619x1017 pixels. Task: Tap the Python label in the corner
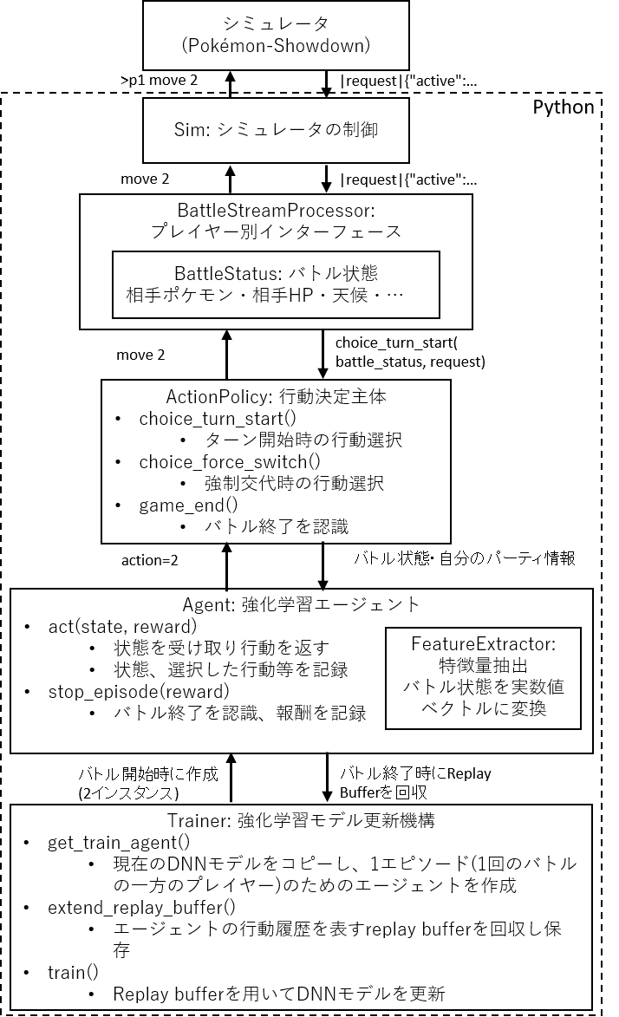tap(563, 108)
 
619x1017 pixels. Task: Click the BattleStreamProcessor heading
tap(276, 211)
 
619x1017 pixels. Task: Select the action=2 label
tap(149, 560)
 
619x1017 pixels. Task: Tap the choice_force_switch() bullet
tap(229, 461)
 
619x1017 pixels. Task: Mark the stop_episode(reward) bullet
tap(138, 692)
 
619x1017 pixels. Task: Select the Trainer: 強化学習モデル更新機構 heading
tap(300, 820)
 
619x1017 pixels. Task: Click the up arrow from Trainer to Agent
tap(231, 779)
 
